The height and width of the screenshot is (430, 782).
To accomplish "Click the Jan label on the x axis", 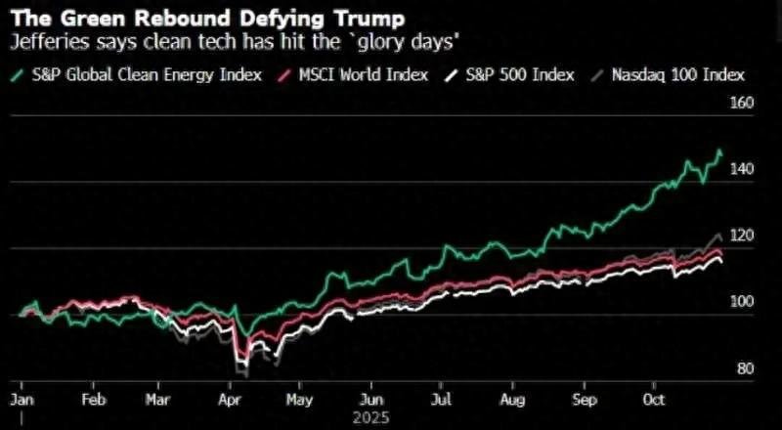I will click(x=21, y=400).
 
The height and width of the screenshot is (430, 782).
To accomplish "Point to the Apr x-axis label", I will click(x=232, y=400).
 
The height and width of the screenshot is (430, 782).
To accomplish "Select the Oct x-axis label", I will click(x=652, y=400).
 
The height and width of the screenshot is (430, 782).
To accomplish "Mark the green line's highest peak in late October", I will click(x=719, y=150).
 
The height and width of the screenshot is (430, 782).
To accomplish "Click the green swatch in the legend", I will click(x=17, y=75).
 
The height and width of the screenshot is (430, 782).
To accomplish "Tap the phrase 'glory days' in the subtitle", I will click(x=419, y=42).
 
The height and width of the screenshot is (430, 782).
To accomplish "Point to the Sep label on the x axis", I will click(x=585, y=400).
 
